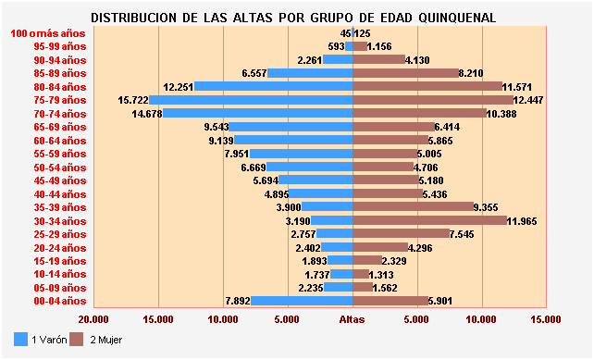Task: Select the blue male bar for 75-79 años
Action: (x=250, y=100)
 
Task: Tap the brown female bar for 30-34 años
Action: (x=430, y=221)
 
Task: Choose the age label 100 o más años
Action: (x=47, y=33)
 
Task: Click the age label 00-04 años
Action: (x=59, y=301)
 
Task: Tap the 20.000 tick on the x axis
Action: (x=93, y=319)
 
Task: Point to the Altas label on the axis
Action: (x=353, y=319)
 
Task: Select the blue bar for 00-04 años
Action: (x=302, y=301)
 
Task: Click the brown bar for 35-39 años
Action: (x=413, y=207)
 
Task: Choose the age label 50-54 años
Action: (x=59, y=168)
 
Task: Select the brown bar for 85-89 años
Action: (x=405, y=73)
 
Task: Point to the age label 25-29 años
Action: (x=59, y=234)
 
